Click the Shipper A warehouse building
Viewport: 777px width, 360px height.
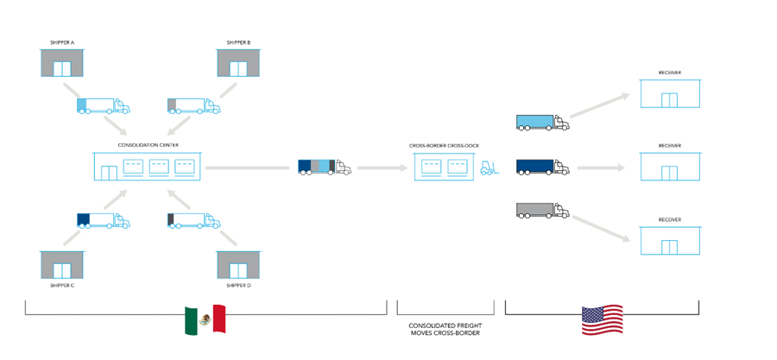click(62, 63)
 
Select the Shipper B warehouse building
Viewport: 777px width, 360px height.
click(238, 63)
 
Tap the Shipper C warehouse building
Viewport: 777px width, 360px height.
click(62, 264)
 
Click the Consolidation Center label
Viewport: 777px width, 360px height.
click(148, 145)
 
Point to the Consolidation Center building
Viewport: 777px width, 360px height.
click(148, 166)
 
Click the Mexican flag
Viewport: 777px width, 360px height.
click(205, 319)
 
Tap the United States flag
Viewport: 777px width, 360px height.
click(603, 319)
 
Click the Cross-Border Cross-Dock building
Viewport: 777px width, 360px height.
click(444, 166)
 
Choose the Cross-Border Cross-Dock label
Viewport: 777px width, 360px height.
click(444, 145)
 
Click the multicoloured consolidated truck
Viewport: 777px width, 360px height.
click(324, 167)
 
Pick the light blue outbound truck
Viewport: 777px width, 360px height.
click(542, 123)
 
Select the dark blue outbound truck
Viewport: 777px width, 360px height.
click(542, 167)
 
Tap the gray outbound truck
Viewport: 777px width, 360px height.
click(542, 210)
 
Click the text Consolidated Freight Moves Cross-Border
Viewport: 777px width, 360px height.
click(445, 329)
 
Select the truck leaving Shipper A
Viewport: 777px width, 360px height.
click(103, 106)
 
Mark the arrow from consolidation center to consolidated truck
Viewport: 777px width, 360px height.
click(248, 167)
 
